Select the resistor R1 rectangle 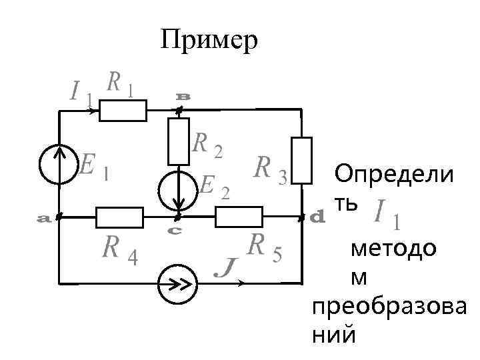123,111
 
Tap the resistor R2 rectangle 179,141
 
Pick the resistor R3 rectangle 302,159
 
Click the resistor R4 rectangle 120,217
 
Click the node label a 44,218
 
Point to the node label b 183,97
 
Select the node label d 318,217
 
